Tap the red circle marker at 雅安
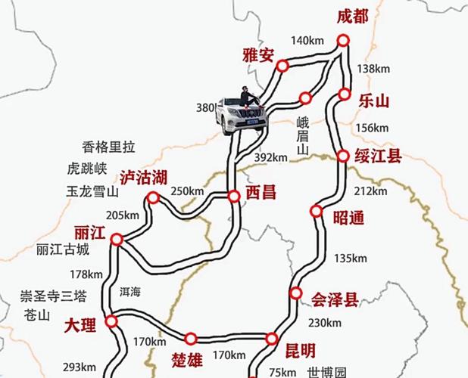coord(282,66)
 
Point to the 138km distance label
coord(372,69)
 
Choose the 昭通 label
coord(348,218)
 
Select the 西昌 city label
coord(261,194)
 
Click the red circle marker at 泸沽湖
coord(153,198)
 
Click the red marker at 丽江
coord(117,240)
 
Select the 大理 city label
coord(80,326)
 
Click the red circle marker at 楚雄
coord(190,338)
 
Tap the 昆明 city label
coord(300,350)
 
